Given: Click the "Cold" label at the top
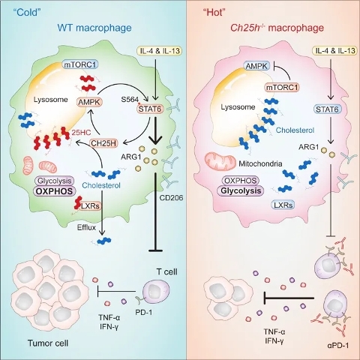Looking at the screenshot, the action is tap(28, 12).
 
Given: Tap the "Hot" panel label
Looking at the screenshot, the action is tap(213, 12).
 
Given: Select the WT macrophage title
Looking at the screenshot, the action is tap(94, 28).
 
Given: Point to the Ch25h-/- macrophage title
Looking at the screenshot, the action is tap(277, 28).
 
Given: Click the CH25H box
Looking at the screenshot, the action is tap(103, 143).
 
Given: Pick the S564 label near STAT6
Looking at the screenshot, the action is tap(130, 99).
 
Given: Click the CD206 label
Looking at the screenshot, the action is tap(171, 198).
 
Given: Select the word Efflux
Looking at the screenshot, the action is tap(86, 227).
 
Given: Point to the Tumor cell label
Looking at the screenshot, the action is tap(48, 343).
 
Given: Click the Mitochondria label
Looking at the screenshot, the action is tap(260, 163).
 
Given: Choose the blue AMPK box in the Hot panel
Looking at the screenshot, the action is tap(256, 66).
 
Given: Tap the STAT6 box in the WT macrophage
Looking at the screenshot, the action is tap(150, 109).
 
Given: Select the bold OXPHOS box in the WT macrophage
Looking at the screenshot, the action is tap(55, 191).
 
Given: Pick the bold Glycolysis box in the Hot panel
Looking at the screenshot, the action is tap(241, 190).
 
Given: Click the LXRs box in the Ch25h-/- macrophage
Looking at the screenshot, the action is tap(283, 205).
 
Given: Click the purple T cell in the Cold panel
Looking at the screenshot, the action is tap(156, 291).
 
